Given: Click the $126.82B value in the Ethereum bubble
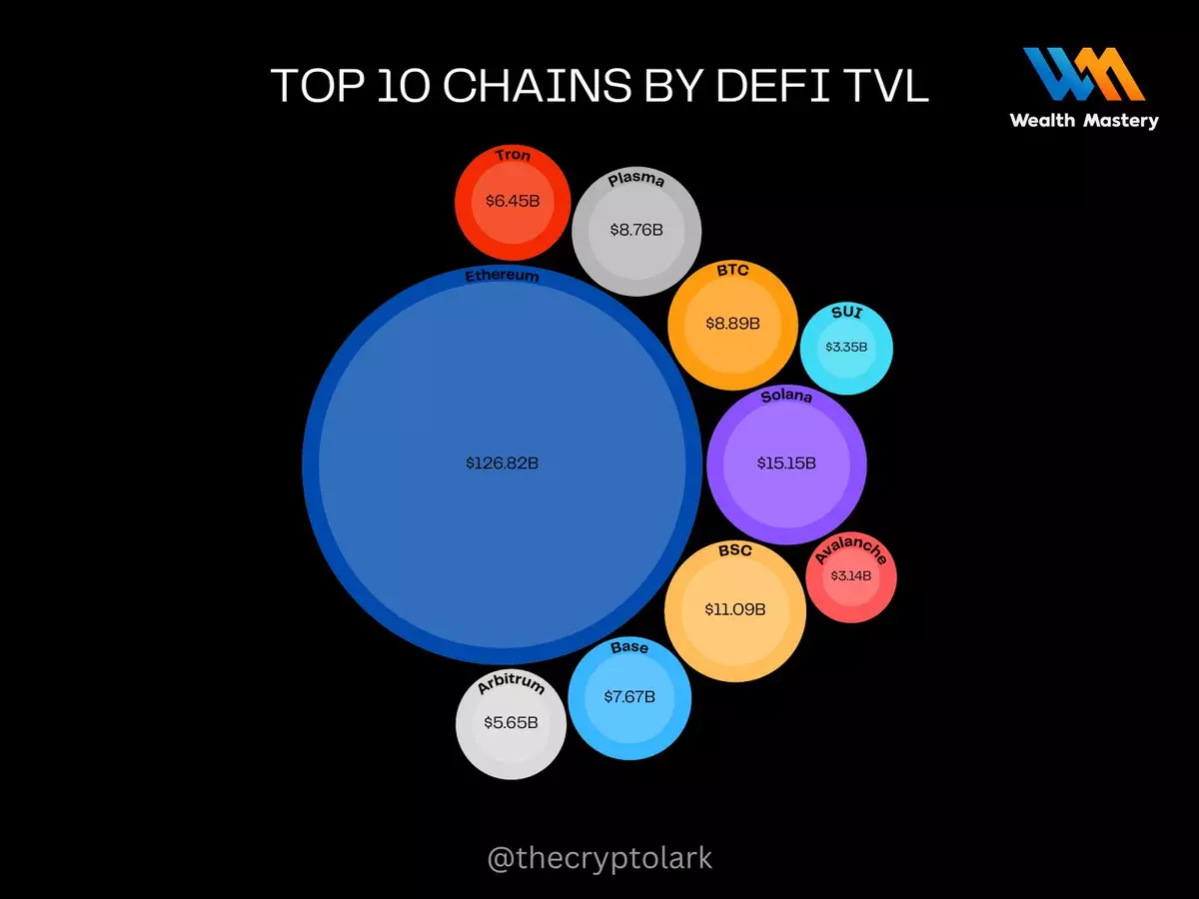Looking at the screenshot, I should [502, 463].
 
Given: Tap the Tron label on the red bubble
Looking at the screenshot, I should [513, 156].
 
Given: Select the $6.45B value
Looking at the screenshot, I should [513, 201].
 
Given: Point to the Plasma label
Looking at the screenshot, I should [636, 181].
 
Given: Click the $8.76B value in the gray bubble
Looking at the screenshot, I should [636, 230].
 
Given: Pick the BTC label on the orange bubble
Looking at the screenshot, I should [732, 271].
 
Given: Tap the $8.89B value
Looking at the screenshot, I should [732, 324].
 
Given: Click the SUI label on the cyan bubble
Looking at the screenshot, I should [846, 314].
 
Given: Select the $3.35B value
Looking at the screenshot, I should [846, 348].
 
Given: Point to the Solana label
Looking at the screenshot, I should [786, 398].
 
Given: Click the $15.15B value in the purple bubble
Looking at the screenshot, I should [786, 463].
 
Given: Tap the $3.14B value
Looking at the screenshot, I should [851, 576].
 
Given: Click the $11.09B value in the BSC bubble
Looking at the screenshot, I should [735, 608].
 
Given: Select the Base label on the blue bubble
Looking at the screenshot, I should [629, 648].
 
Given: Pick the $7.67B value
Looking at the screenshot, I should [629, 696].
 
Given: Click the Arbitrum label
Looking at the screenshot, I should [511, 685].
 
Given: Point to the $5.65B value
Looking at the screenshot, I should [511, 722].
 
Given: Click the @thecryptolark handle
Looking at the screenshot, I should [599, 858].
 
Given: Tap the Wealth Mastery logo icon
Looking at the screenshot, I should [1083, 75].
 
